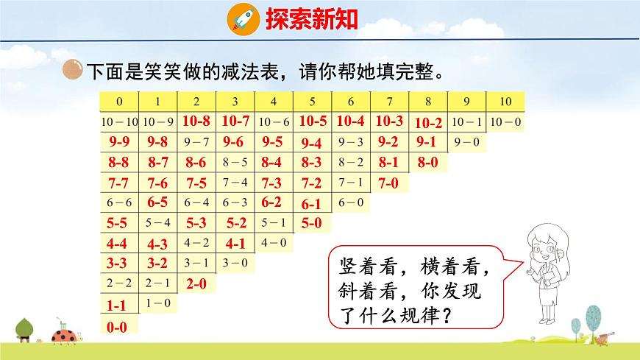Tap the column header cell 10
(505, 102)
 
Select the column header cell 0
(119, 102)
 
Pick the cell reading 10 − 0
(505, 121)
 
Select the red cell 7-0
(388, 183)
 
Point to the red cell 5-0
(311, 222)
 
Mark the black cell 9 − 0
(466, 141)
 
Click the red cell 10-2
(428, 124)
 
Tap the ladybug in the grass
(60, 336)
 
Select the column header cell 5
(312, 102)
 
